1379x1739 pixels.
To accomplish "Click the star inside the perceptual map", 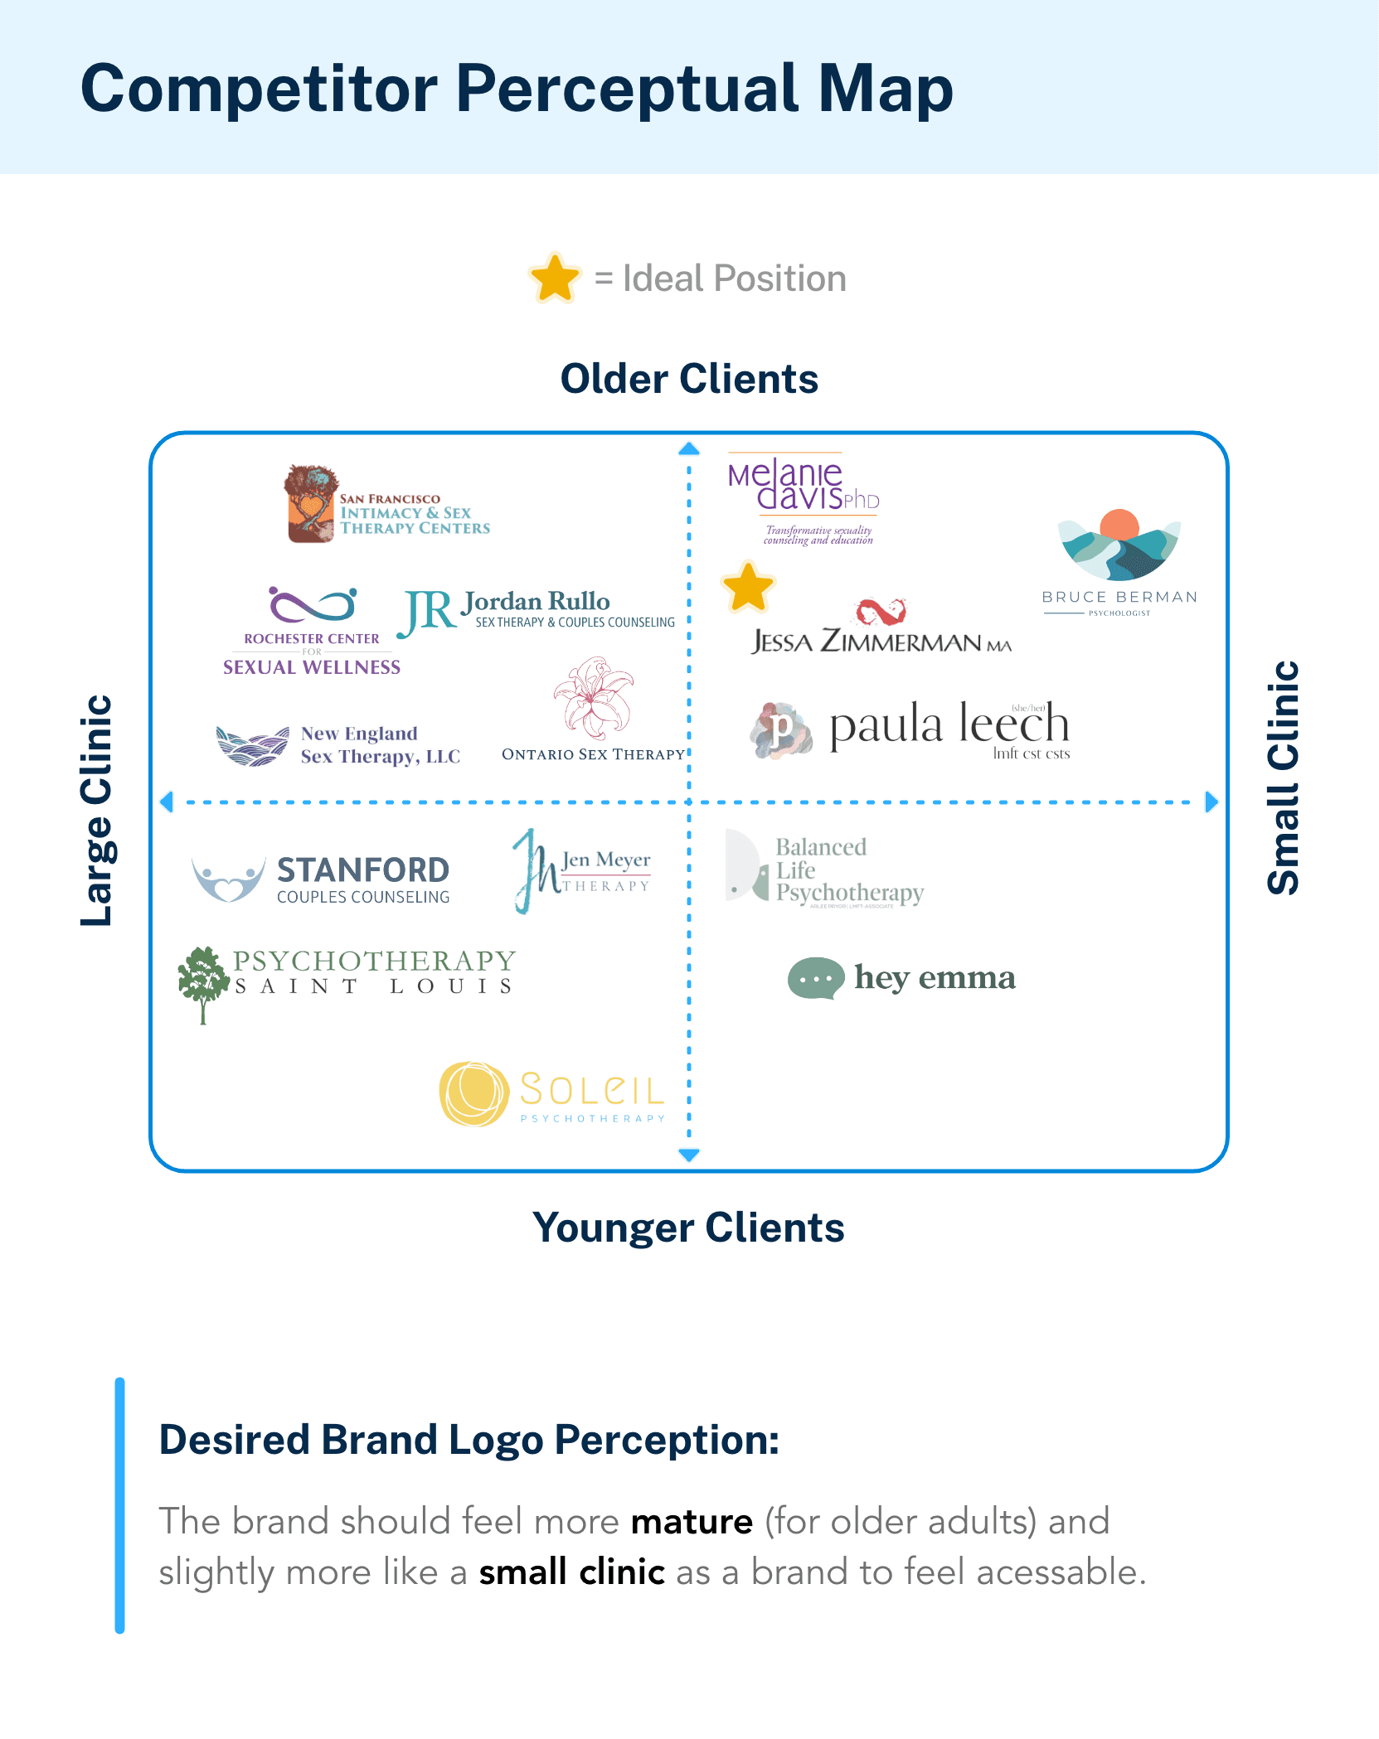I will point(748,588).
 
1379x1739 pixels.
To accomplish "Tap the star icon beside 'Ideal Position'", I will point(555,279).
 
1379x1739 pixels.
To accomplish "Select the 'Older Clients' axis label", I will point(689,379).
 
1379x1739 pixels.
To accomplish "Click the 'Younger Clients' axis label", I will point(688,1228).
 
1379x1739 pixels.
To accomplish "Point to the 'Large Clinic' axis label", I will point(96,810).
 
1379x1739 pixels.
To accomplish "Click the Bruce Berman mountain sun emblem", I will point(1119,545).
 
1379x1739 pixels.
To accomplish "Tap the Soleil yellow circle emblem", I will point(473,1094).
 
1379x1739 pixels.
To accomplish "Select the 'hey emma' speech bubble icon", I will point(816,978).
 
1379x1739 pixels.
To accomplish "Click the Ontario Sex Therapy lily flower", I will point(593,698).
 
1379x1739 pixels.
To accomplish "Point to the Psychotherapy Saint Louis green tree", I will point(203,983).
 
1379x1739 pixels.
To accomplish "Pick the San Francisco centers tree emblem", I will point(311,504).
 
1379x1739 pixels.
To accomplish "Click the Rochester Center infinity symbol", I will point(313,605).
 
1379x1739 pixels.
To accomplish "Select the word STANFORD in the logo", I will point(363,870).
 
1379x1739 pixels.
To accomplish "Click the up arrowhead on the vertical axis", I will point(689,449).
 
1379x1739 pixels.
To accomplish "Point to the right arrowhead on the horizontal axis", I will point(1211,802).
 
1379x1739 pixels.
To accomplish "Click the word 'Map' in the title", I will point(886,89).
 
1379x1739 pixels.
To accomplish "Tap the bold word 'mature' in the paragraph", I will point(692,1522).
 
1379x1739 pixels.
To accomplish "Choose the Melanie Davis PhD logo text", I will point(802,486).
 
